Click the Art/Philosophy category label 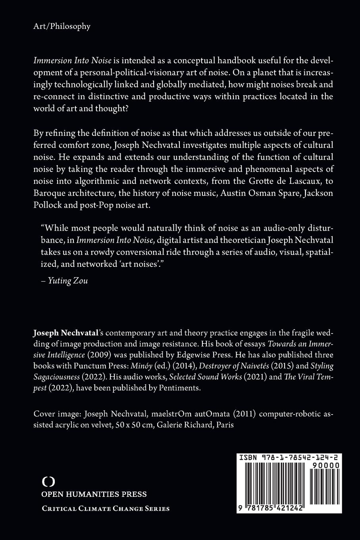[x=62, y=27]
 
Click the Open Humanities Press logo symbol [x=48, y=482]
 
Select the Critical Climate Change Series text [x=106, y=509]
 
